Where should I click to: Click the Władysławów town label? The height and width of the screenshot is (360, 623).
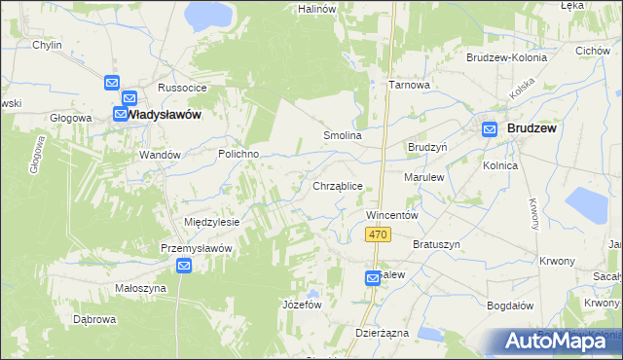165,115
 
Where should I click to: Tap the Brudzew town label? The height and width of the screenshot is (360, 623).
531,128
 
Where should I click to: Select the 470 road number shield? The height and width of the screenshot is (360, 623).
380,235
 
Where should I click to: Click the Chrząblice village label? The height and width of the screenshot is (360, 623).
338,186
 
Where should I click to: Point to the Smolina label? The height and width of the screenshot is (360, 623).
343,136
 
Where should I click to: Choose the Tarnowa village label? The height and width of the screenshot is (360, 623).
409,85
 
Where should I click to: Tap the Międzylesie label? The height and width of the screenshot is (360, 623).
211,222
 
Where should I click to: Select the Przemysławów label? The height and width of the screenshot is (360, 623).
196,248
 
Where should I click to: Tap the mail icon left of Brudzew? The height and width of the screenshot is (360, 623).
490,128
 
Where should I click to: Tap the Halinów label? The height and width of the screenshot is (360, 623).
317,9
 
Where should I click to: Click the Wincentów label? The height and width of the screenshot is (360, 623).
391,214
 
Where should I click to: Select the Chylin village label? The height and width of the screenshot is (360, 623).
47,46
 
